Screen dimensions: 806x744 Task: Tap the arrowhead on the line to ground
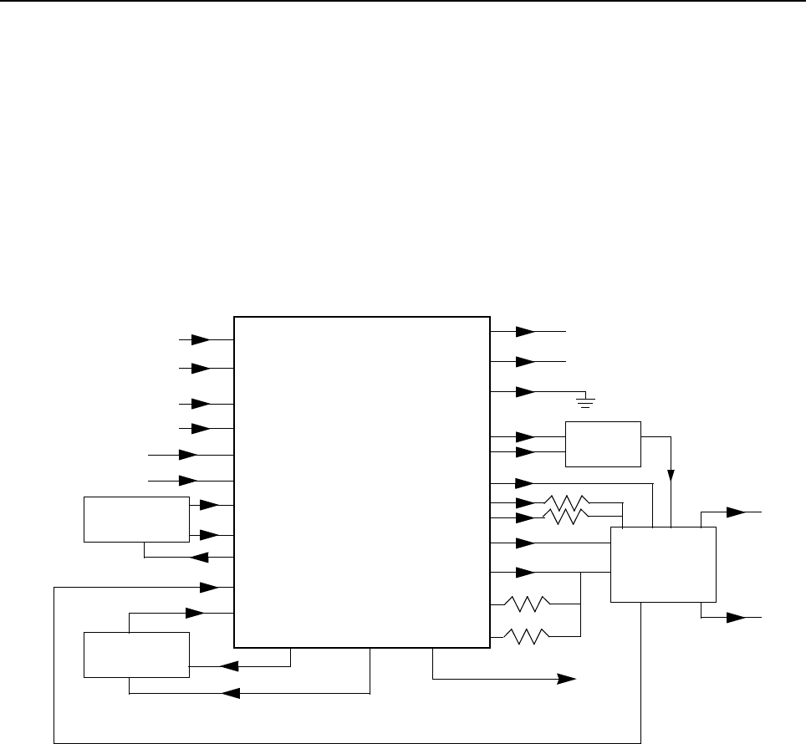click(525, 391)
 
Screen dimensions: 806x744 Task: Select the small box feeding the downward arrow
click(603, 444)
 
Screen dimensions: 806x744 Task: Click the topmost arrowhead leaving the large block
click(525, 332)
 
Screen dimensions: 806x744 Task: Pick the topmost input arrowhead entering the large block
click(201, 340)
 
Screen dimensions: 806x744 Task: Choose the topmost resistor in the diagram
click(567, 503)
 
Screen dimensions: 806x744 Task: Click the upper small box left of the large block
click(136, 519)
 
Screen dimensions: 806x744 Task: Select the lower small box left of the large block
click(136, 655)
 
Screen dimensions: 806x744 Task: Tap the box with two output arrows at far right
click(663, 564)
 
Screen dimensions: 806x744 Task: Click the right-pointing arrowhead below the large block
click(569, 679)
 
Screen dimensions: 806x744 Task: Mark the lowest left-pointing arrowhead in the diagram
click(231, 693)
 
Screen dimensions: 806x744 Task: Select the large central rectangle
click(361, 482)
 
